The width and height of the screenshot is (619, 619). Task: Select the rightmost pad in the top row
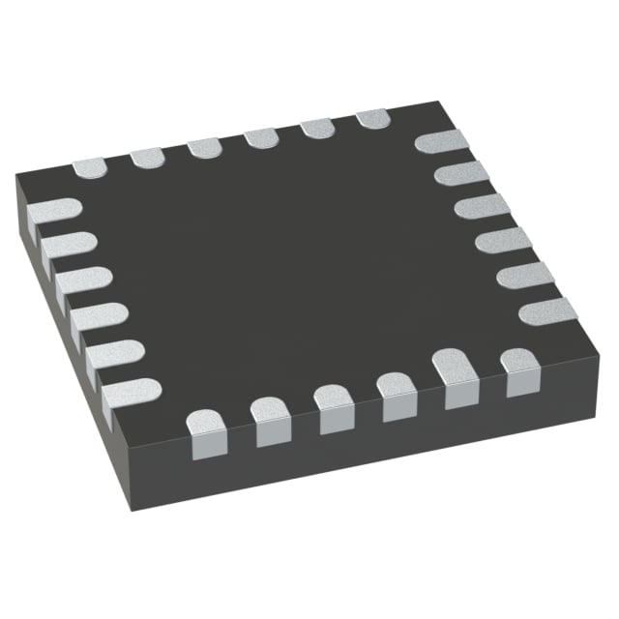[373, 119]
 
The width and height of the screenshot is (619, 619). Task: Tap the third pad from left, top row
[205, 147]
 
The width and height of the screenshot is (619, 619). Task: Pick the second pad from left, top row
[148, 157]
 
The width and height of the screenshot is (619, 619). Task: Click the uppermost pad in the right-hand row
[441, 142]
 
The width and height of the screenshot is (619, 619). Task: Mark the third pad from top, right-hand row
[483, 207]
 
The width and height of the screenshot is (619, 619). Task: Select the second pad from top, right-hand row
[461, 174]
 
